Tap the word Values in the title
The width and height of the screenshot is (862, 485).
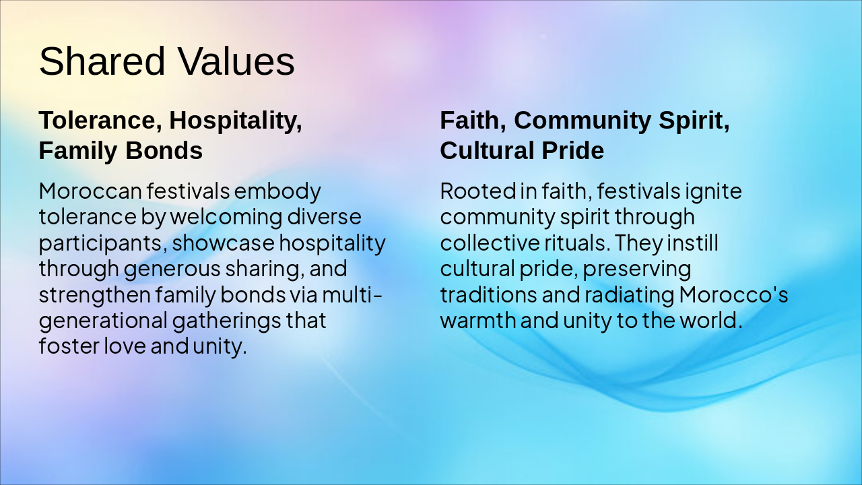pos(236,61)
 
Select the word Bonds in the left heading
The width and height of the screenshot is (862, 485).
pos(164,151)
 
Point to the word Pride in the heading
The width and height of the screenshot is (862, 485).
pos(573,151)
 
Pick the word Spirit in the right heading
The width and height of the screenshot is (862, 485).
pos(694,121)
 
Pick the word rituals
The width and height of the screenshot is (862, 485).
pos(572,243)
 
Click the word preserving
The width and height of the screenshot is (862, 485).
pos(637,269)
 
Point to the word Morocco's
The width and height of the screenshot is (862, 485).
pos(733,294)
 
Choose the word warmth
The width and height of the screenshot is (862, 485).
pos(478,320)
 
